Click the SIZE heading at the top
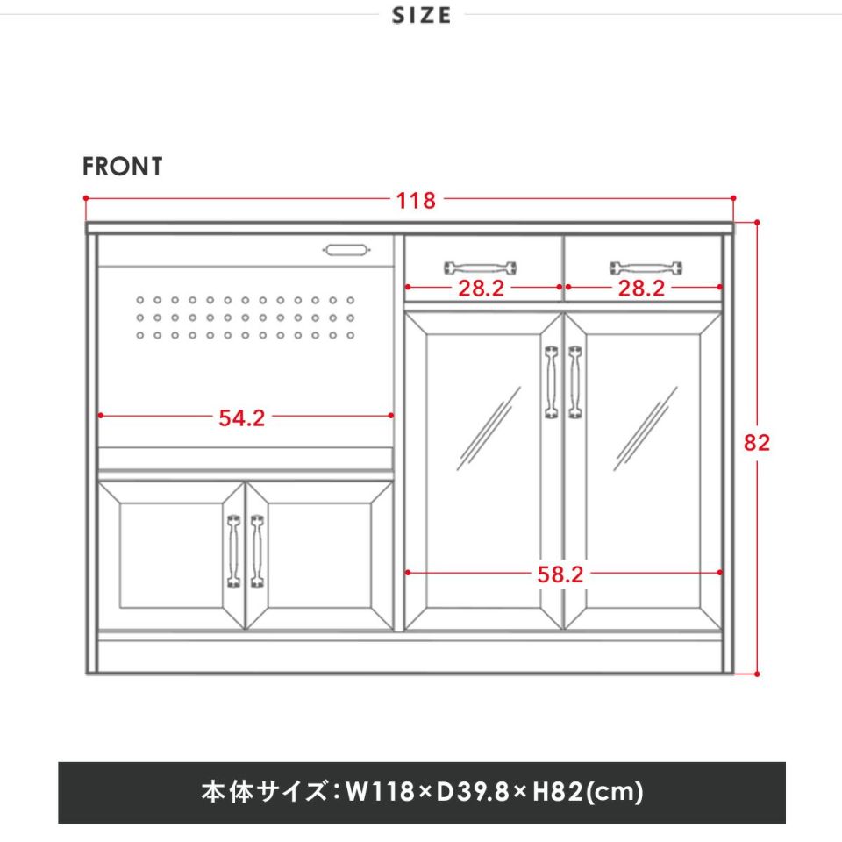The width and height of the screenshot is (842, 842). click(422, 15)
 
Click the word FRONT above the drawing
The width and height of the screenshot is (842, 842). click(123, 167)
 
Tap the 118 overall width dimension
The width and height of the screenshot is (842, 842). click(416, 201)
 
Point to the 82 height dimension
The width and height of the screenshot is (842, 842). click(757, 442)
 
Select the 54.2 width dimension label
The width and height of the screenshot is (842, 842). click(242, 417)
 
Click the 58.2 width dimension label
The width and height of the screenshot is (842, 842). click(560, 574)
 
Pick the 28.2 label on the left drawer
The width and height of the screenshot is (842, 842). click(482, 289)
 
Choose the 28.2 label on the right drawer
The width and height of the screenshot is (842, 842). click(641, 289)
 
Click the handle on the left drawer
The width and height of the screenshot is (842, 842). click(480, 268)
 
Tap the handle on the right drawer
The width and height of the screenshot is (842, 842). click(646, 268)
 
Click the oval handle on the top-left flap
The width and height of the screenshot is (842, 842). click(346, 250)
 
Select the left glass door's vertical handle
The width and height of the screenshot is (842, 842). click(552, 382)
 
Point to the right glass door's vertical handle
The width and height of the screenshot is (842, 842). click(575, 382)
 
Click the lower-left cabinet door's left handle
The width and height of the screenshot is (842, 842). click(233, 551)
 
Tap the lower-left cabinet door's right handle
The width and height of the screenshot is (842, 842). click(257, 551)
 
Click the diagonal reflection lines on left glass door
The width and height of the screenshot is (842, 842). click(489, 429)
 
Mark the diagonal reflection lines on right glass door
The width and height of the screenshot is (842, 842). click(646, 429)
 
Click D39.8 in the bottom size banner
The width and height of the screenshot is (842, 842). click(474, 791)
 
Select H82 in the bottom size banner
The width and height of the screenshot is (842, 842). click(558, 791)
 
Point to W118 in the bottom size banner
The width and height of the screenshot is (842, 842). click(380, 791)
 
